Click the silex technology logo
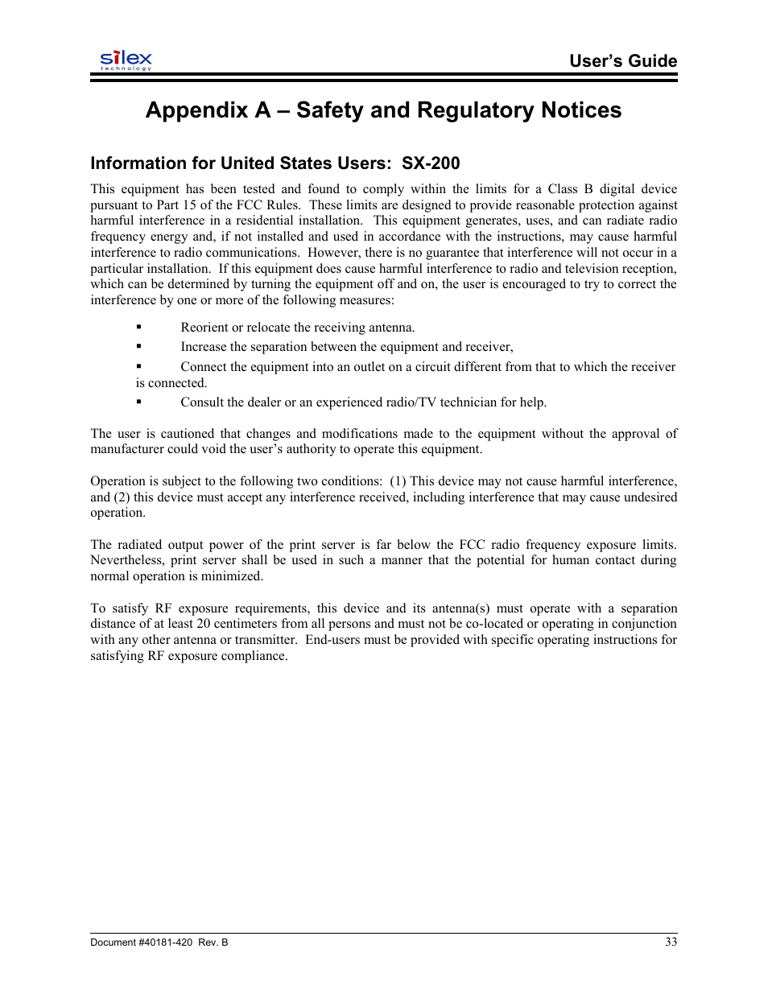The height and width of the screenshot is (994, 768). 126,60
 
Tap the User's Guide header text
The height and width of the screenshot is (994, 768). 622,61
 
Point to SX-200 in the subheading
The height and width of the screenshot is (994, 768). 431,163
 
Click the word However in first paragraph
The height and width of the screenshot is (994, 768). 334,253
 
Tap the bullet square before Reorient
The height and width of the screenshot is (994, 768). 139,327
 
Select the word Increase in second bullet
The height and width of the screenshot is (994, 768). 204,347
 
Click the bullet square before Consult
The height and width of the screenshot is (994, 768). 139,402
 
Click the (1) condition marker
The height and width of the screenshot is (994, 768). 398,481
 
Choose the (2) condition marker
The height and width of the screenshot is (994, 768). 122,497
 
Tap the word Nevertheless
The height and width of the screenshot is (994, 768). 126,560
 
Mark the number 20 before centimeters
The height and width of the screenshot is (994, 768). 204,624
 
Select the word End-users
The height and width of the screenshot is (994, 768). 332,640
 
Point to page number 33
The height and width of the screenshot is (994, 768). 671,942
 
